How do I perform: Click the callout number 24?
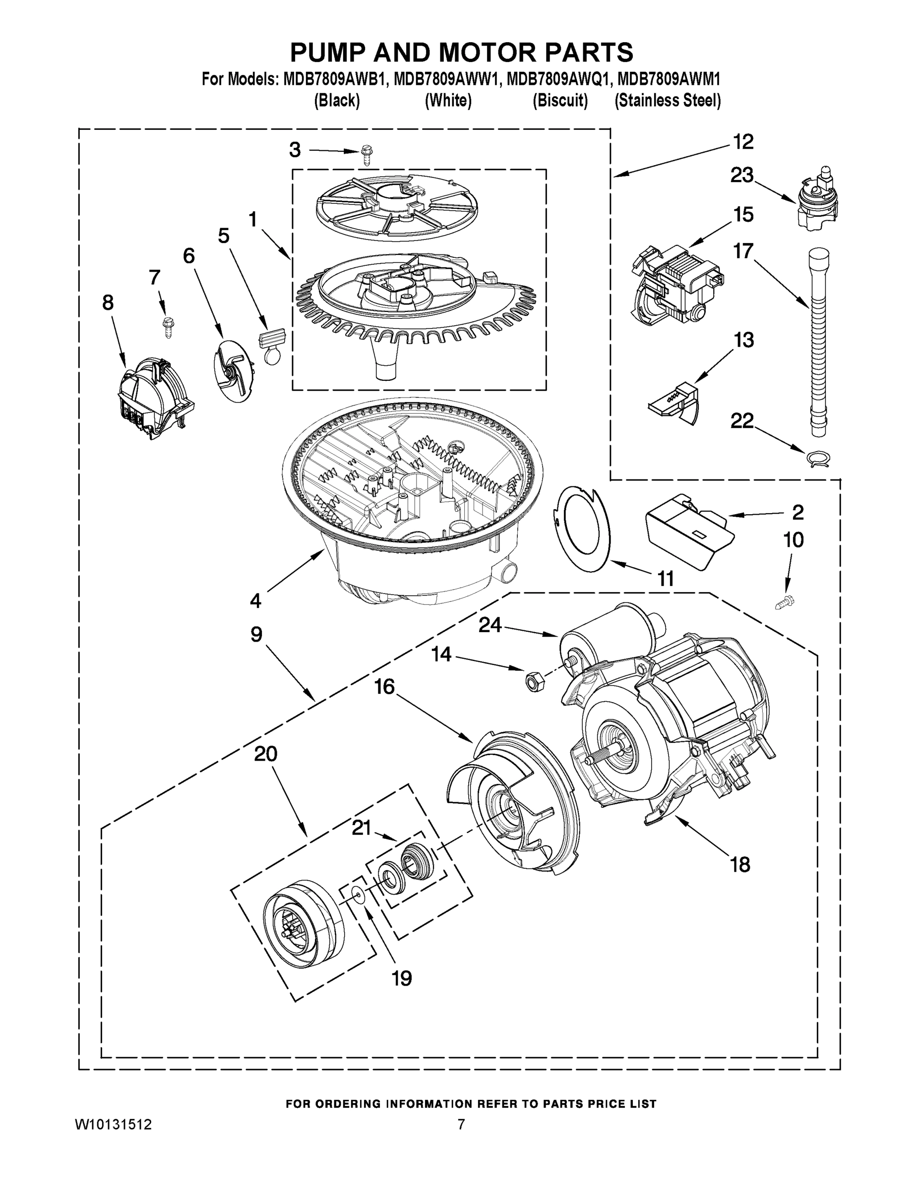pyautogui.click(x=490, y=625)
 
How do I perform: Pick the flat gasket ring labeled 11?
pyautogui.click(x=583, y=529)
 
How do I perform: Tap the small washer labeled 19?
pyautogui.click(x=358, y=893)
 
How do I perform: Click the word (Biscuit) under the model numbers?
pyautogui.click(x=560, y=101)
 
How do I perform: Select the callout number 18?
pyautogui.click(x=739, y=865)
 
